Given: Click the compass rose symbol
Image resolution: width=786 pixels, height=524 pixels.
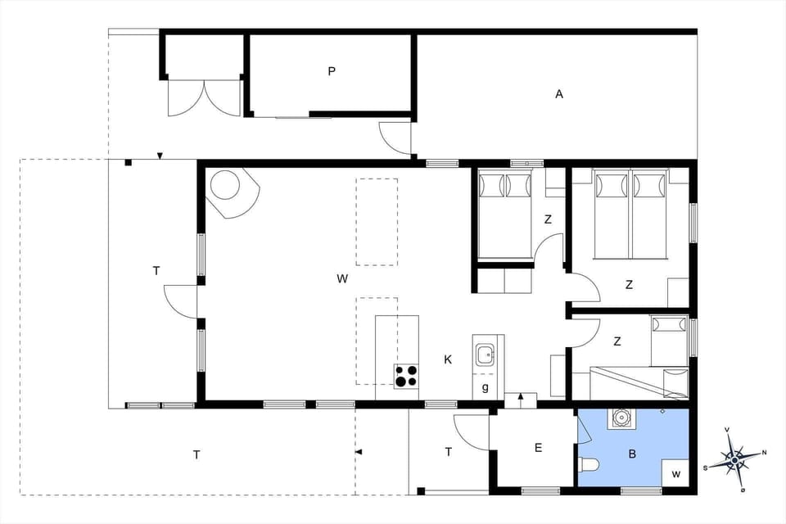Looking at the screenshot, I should (735, 459).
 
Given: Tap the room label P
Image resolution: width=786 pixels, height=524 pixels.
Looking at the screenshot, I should (332, 71).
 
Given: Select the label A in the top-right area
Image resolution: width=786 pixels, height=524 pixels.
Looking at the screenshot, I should (559, 94).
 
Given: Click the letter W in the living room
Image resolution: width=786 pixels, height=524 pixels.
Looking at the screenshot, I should (342, 278).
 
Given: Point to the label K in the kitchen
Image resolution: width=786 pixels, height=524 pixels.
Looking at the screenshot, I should (448, 359).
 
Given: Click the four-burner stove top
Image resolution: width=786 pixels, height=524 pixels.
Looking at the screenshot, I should (406, 376).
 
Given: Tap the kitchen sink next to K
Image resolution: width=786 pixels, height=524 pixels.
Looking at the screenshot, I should (485, 355).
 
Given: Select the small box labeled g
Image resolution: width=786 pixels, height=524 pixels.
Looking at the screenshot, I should (486, 387).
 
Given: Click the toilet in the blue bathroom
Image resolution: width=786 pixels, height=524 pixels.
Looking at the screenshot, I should (589, 466).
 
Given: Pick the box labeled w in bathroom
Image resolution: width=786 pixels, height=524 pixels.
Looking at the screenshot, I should (675, 474).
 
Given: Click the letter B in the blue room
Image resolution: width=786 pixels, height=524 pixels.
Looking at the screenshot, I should (632, 453).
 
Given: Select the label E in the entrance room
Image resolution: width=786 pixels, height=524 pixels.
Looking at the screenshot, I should (538, 447).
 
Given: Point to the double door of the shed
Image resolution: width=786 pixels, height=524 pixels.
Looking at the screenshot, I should (204, 97).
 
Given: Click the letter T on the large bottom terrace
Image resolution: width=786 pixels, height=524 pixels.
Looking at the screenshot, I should (196, 455).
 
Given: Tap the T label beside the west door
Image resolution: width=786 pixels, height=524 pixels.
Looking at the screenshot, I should (156, 270).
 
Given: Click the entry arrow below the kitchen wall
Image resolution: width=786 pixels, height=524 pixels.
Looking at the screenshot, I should (521, 397).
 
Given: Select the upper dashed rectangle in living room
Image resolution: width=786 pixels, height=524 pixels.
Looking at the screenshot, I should (377, 221).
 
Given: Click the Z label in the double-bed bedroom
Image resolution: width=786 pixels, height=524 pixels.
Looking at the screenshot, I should (629, 285).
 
